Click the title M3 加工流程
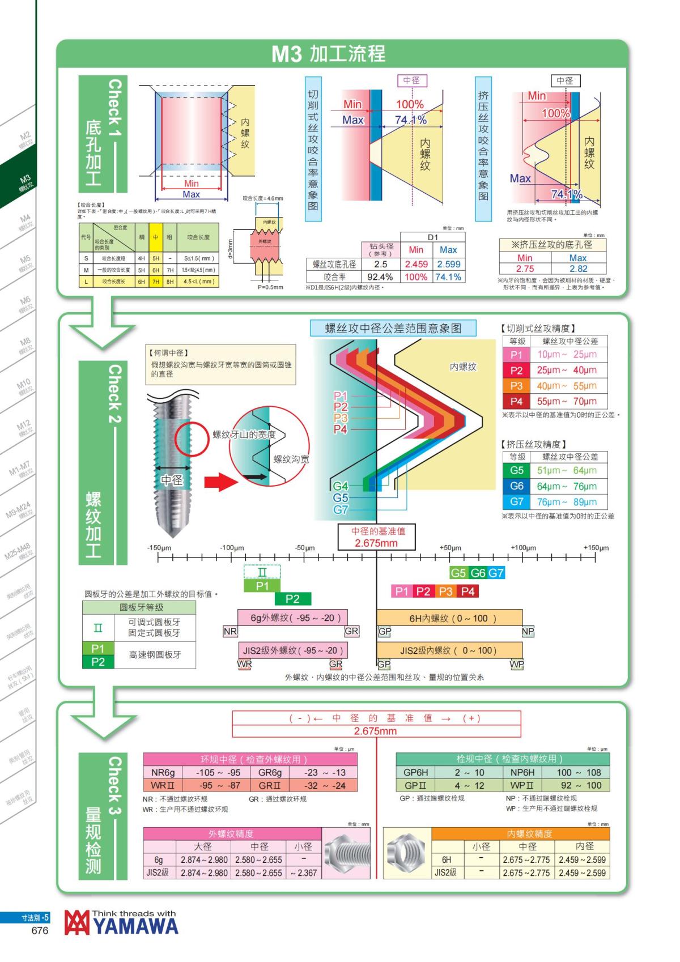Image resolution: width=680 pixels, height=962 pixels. (x=328, y=54)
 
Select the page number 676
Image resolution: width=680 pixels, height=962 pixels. (x=40, y=931)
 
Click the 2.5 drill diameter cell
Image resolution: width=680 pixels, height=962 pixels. (x=381, y=264)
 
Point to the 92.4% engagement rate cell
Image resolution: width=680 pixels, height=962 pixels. (x=380, y=277)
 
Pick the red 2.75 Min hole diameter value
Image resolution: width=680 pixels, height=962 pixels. (x=525, y=269)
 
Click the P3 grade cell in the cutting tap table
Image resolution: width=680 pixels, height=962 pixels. (x=516, y=386)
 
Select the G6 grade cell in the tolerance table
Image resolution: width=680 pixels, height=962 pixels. (x=516, y=486)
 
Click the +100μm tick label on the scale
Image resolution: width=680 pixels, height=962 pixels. (x=523, y=548)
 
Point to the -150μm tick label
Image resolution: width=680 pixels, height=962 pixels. (x=159, y=548)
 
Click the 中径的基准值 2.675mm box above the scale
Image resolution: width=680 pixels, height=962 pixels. (x=376, y=537)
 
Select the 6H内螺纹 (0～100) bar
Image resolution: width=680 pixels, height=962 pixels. (x=449, y=618)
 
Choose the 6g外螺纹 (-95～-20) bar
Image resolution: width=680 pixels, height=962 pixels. (x=292, y=618)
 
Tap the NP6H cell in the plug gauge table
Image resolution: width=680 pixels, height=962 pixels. (x=522, y=772)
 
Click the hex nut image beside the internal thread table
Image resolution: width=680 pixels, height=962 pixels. (x=406, y=852)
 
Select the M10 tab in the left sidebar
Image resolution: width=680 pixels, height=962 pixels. (x=23, y=387)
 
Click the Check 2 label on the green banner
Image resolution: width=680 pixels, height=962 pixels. (x=114, y=394)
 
